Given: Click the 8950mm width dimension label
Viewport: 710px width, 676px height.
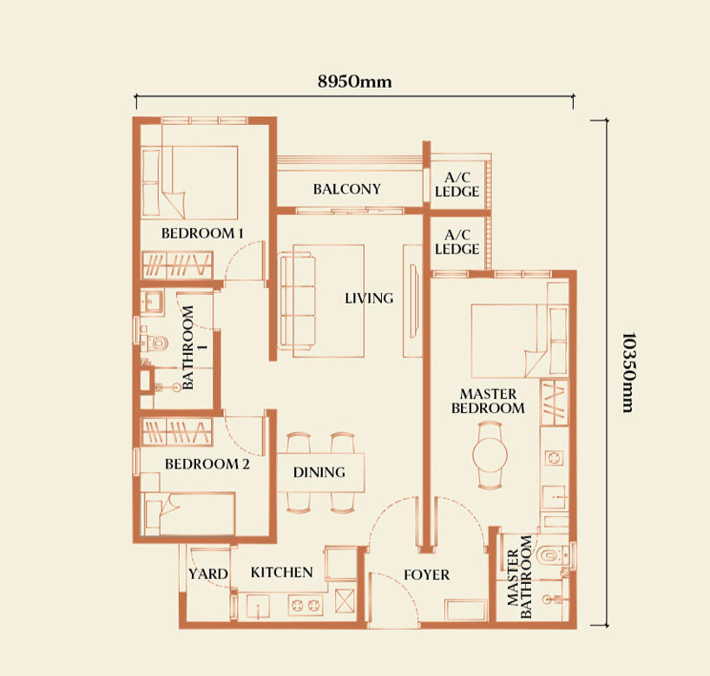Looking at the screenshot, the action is click(x=354, y=82).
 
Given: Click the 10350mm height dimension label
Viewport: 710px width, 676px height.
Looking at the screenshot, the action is click(x=628, y=372).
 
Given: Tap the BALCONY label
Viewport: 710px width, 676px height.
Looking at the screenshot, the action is click(x=347, y=189).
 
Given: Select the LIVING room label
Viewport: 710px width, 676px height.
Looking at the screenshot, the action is click(x=369, y=298).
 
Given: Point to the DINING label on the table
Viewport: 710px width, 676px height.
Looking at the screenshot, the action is click(x=319, y=472).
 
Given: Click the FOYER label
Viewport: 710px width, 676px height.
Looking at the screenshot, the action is click(x=426, y=574).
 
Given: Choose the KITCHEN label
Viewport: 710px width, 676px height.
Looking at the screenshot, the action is click(x=281, y=573).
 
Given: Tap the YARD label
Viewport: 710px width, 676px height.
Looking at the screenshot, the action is click(x=207, y=574).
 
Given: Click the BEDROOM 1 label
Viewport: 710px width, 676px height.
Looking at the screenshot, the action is click(x=202, y=233).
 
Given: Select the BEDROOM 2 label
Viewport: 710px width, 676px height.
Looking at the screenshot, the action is click(x=207, y=464).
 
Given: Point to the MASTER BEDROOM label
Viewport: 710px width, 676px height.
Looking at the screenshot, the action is click(x=488, y=401).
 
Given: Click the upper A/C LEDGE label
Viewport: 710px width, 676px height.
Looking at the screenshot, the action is click(x=457, y=184).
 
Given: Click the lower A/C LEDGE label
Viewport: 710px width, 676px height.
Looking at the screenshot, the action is click(x=457, y=242).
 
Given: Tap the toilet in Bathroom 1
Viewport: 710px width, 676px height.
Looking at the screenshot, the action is click(x=154, y=344).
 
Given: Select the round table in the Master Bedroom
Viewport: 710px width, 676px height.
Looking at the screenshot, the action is click(x=490, y=455).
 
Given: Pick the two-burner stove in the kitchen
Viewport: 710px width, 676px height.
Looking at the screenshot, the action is click(x=306, y=605).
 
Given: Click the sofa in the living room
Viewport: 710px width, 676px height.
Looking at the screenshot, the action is click(x=298, y=302).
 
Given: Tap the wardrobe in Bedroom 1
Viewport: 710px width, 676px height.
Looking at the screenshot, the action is click(x=177, y=265).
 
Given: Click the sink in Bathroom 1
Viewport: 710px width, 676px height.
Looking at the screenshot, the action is click(x=152, y=301).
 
